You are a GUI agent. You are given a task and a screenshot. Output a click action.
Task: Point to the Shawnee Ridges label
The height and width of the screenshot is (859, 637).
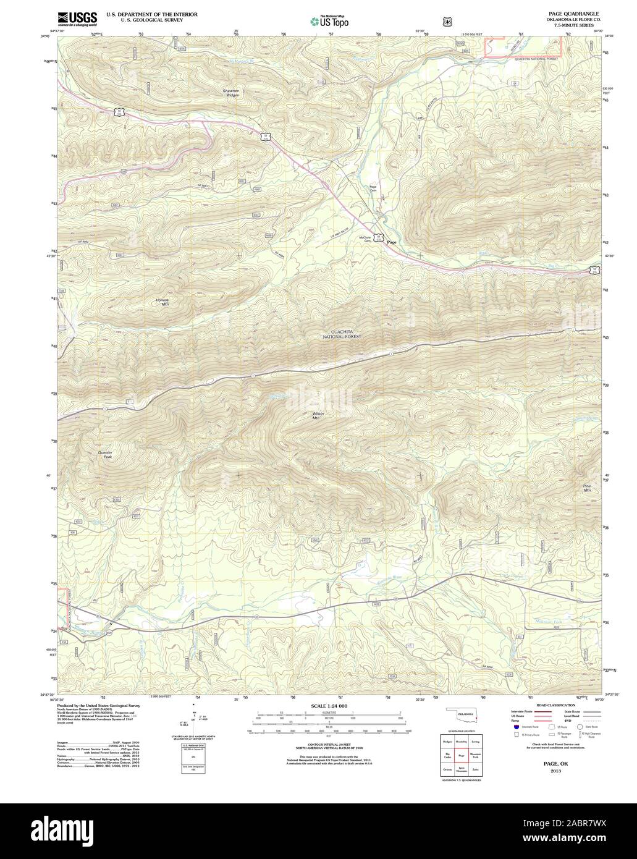tap(230, 93)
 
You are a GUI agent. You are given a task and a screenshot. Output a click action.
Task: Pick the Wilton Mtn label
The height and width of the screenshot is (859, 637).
tap(318, 415)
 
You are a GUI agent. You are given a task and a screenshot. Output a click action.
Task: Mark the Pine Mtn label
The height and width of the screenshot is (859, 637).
tap(586, 488)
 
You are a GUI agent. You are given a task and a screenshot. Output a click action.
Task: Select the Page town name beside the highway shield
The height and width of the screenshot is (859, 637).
tap(391, 242)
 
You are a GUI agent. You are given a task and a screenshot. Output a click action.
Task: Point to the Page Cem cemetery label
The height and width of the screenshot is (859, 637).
tap(373, 188)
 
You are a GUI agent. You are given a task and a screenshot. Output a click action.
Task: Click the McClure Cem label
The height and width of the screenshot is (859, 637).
tap(365, 238)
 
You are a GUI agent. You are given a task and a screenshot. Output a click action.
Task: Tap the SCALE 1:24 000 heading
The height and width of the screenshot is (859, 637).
tap(329, 705)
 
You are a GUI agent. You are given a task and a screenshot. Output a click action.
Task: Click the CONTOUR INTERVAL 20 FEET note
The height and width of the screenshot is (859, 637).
tap(329, 745)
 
